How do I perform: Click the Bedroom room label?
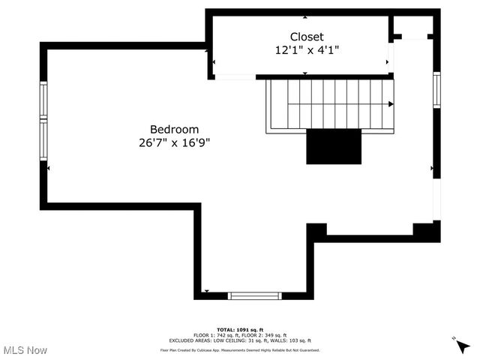pyautogui.click(x=174, y=129)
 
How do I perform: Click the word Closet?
pyautogui.click(x=307, y=37)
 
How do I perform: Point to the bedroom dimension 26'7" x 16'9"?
pyautogui.click(x=174, y=142)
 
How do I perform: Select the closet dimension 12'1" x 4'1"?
pyautogui.click(x=307, y=50)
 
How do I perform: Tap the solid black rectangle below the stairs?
pyautogui.click(x=334, y=146)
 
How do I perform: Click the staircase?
pyautogui.click(x=330, y=104)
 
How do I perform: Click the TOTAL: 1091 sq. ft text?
pyautogui.click(x=240, y=330)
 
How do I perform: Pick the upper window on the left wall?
pyautogui.click(x=43, y=100)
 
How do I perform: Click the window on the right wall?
pyautogui.click(x=436, y=89)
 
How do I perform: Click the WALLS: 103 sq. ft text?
pyautogui.click(x=295, y=340)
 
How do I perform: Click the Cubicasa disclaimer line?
pyautogui.click(x=240, y=349)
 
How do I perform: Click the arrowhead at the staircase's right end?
pyautogui.click(x=391, y=104)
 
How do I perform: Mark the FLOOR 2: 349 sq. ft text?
pyautogui.click(x=262, y=335)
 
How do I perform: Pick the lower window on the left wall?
pyautogui.click(x=43, y=140)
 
